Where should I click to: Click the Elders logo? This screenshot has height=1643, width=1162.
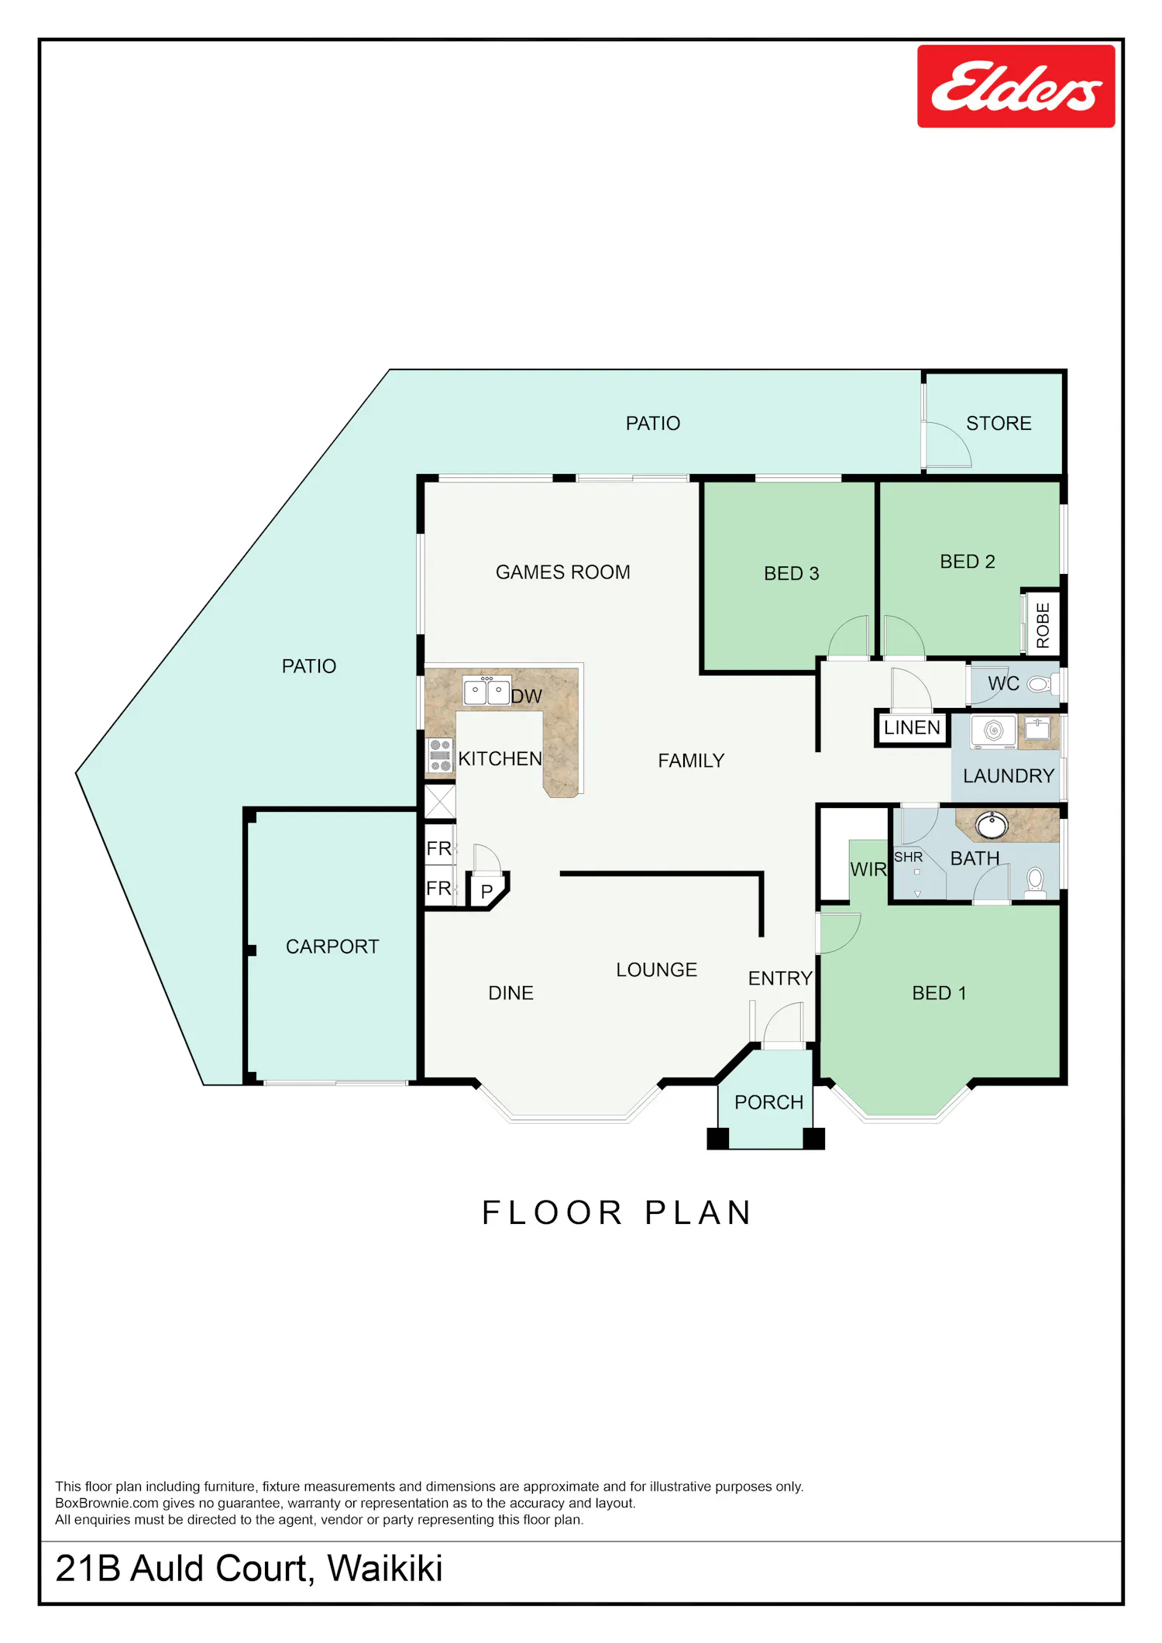(1016, 86)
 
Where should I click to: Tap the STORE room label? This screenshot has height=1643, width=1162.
(999, 424)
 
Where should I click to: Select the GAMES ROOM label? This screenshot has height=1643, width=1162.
(563, 572)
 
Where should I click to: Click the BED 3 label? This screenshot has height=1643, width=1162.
(791, 574)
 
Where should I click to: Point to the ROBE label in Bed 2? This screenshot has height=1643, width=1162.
(1043, 625)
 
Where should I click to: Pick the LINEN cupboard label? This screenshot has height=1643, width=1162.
(912, 728)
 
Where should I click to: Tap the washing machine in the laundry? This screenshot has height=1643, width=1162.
(993, 731)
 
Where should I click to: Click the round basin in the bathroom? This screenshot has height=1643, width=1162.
(992, 825)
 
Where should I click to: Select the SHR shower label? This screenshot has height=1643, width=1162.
(908, 858)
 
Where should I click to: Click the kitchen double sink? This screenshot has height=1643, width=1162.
(486, 690)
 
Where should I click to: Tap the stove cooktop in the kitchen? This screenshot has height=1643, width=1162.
(440, 755)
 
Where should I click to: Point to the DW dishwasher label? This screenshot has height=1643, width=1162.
(527, 696)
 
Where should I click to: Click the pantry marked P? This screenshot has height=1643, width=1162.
(487, 892)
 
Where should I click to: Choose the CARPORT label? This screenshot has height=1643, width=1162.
(332, 947)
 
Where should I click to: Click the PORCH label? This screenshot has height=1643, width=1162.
(768, 1102)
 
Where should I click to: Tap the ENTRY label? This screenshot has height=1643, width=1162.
(780, 979)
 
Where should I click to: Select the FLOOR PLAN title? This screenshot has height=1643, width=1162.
(617, 1213)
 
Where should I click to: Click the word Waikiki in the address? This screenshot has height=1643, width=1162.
(384, 1569)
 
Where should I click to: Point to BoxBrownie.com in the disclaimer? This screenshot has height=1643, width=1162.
(107, 1504)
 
